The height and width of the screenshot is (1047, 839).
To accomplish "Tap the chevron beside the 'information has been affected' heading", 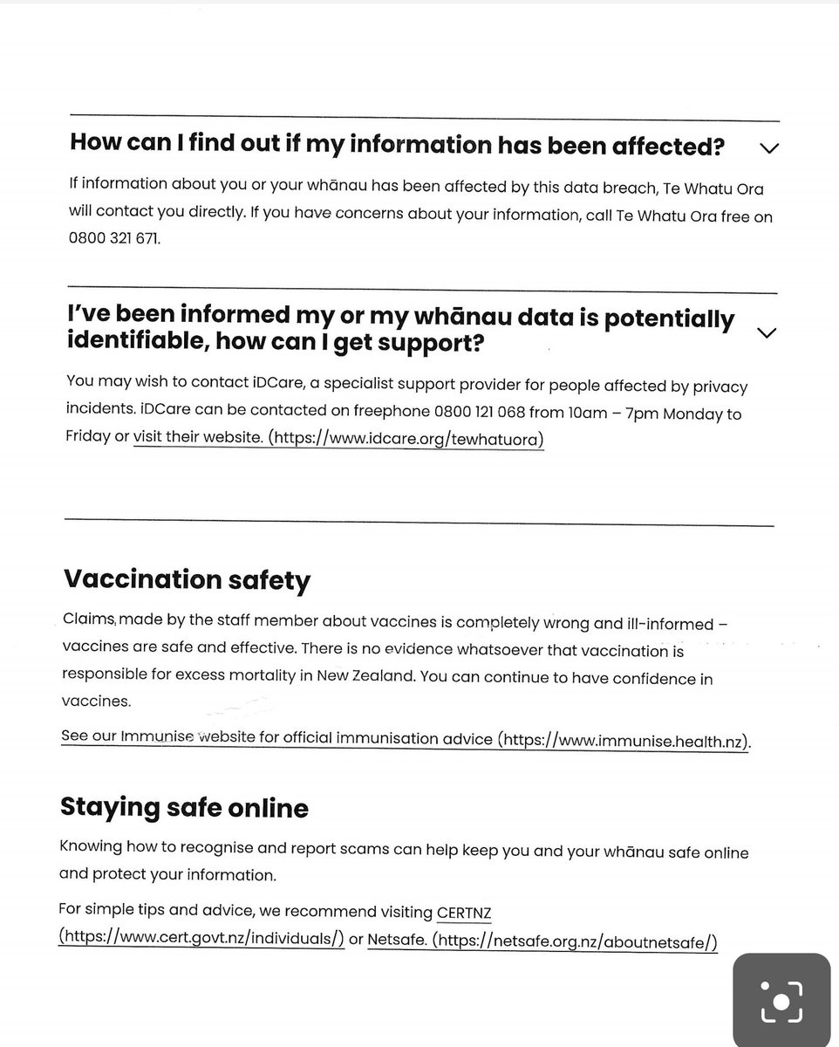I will pos(768,148).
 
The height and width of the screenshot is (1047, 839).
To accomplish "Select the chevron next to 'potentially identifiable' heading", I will pos(767,332).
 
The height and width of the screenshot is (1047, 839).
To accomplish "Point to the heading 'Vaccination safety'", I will pos(187,580).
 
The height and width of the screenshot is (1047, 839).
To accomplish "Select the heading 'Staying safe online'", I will pos(184,808).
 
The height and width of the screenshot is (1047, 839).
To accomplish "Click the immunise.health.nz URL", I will pos(623,740).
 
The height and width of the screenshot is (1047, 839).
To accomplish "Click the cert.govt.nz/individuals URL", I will pos(201,939).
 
